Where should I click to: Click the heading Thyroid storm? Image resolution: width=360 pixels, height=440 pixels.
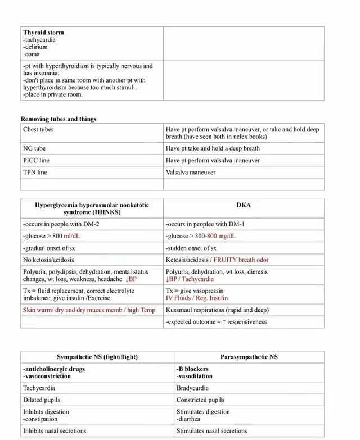(x=44, y=33)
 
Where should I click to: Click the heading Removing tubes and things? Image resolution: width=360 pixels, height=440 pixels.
(x=58, y=119)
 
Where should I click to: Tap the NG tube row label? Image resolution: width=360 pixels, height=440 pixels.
(x=34, y=148)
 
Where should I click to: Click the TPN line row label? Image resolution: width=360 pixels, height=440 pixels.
(x=35, y=172)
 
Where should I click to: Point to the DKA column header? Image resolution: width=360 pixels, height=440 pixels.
(x=244, y=205)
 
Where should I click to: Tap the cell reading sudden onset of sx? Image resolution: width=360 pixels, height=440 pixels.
(x=191, y=248)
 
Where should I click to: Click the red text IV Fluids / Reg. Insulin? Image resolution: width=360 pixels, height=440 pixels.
(x=196, y=298)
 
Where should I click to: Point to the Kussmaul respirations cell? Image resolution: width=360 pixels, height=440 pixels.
(x=217, y=310)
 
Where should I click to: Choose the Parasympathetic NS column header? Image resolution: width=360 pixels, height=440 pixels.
(x=249, y=357)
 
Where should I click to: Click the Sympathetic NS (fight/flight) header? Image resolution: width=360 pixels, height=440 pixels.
(x=97, y=357)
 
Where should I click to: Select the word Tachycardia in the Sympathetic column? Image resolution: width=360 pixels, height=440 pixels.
(x=39, y=388)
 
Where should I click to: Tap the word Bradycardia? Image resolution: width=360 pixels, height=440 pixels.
(x=192, y=388)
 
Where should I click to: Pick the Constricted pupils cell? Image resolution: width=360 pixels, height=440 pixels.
(x=200, y=400)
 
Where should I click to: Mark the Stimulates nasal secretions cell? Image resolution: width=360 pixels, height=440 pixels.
(x=211, y=430)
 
